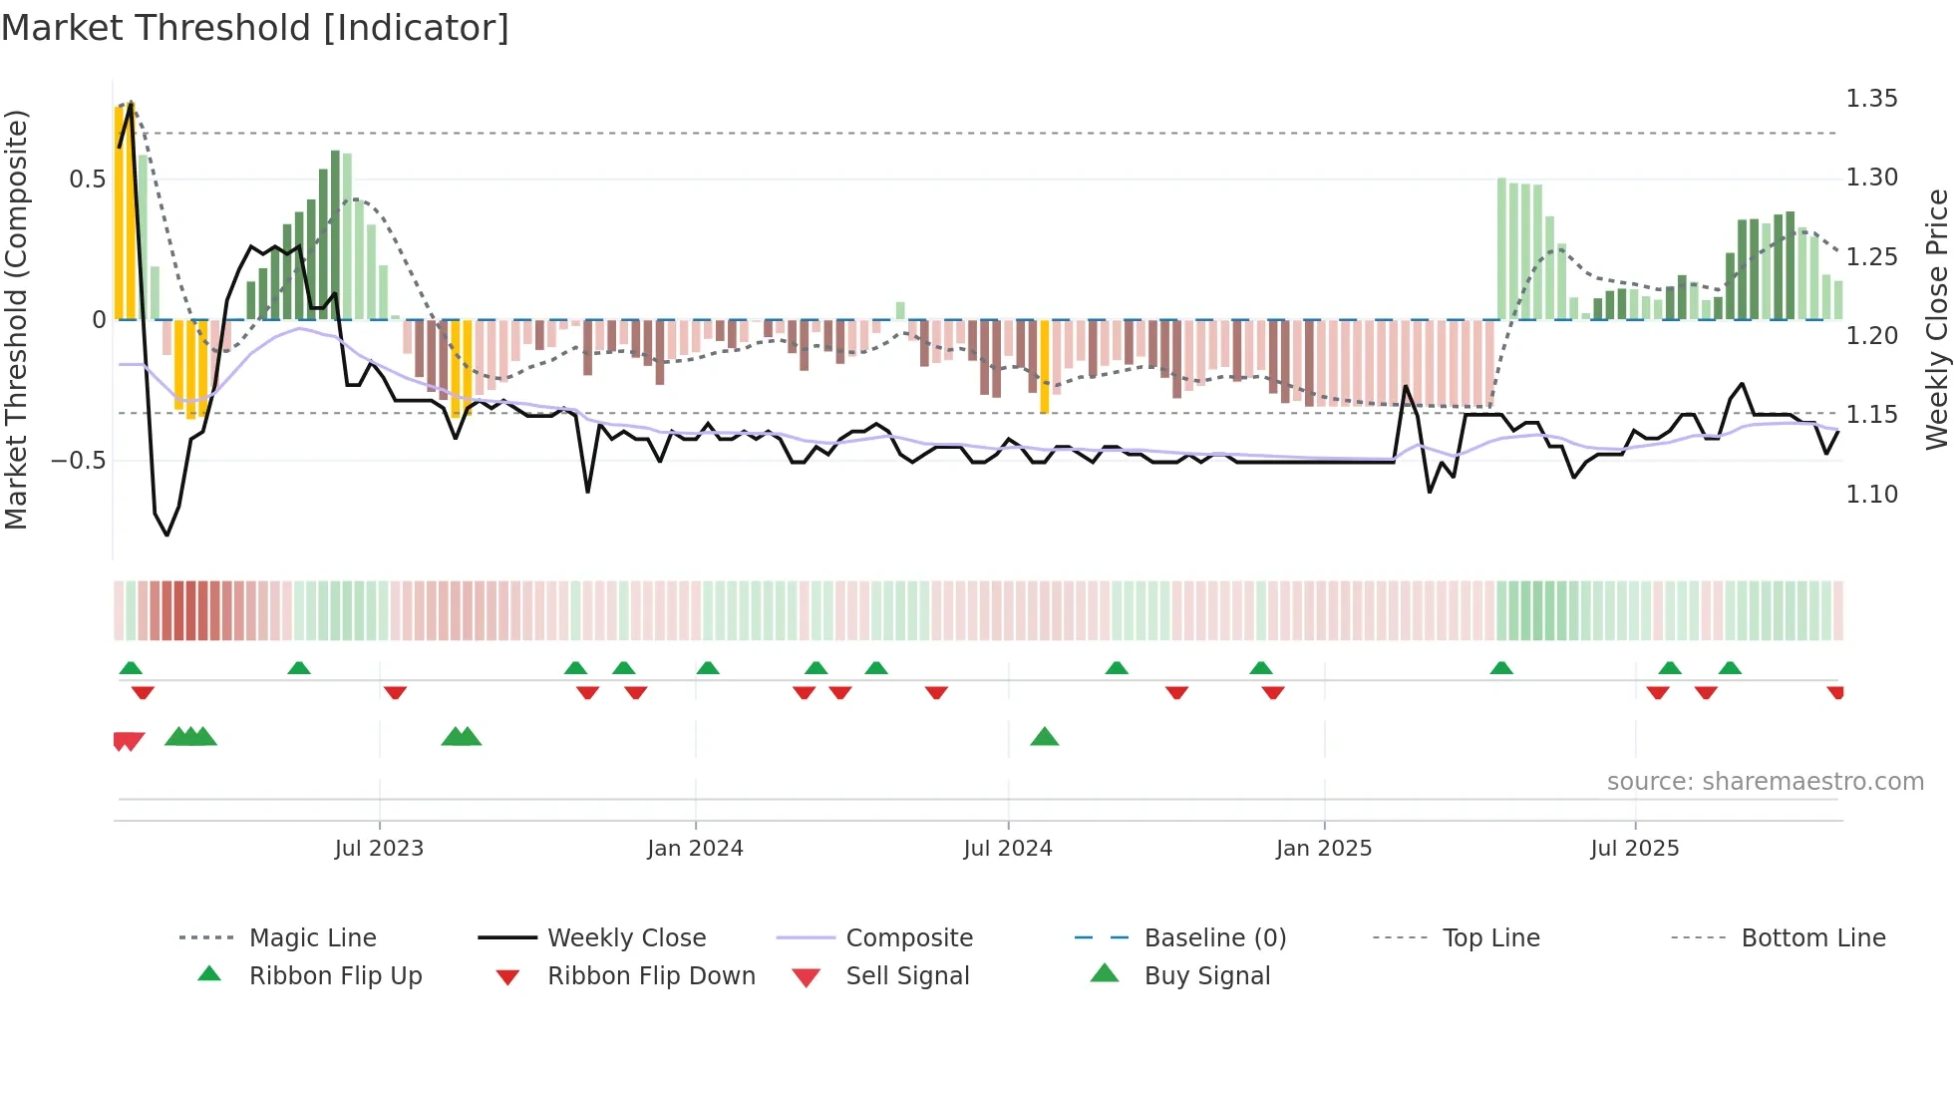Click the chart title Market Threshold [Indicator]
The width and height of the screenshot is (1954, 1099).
point(255,28)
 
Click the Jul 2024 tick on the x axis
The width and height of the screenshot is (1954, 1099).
point(1007,848)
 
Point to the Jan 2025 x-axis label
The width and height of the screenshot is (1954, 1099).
point(1323,848)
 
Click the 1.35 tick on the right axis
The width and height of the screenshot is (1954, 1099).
point(1871,99)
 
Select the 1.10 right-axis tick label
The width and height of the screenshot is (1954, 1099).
point(1871,495)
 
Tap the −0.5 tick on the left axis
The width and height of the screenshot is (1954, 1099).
point(79,461)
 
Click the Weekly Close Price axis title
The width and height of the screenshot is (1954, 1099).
point(1936,319)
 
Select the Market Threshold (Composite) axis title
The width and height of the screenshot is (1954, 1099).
point(16,319)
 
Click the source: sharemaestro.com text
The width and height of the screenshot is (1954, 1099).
point(1765,781)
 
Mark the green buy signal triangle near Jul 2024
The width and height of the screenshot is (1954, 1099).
point(1044,737)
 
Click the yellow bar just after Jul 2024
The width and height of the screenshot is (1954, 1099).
point(1044,366)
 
